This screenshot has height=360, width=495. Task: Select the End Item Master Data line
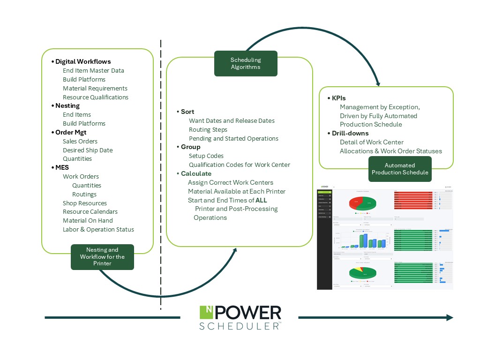93,70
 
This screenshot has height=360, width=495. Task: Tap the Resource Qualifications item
96,97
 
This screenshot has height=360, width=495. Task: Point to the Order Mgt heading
71,132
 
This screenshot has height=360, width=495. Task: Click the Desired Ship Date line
88,150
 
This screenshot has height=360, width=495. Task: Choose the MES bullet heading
62,167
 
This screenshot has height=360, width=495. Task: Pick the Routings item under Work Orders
84,194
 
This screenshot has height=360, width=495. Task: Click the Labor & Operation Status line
98,229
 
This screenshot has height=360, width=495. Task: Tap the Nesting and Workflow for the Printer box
102,257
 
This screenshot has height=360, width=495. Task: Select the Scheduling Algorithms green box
246,63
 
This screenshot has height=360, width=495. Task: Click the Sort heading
187,112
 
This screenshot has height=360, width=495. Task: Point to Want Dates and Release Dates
232,120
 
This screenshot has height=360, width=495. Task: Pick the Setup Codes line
206,156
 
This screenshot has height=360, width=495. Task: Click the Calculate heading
196,173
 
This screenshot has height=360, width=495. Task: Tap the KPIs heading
338,98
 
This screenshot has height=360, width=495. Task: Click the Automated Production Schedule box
400,169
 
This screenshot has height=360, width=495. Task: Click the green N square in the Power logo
206,313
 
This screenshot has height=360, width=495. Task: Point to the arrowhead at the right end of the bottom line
450,317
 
